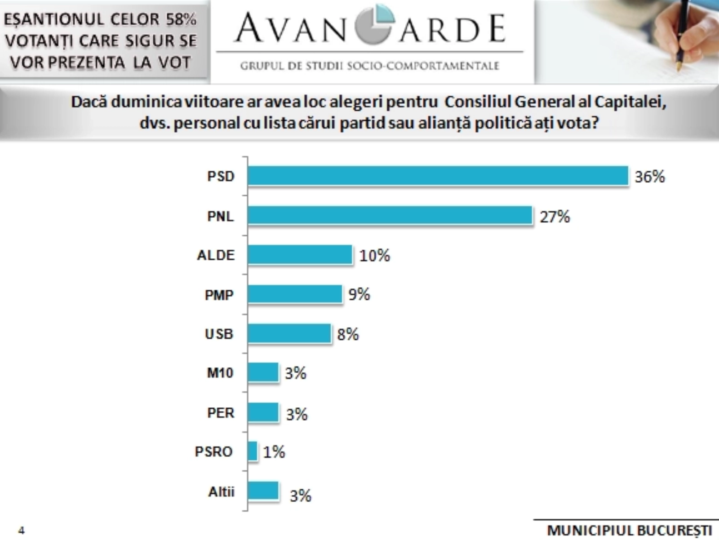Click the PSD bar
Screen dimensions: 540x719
point(438,175)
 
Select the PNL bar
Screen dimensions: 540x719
point(390,215)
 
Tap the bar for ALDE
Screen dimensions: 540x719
point(300,255)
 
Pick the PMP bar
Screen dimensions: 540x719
point(295,294)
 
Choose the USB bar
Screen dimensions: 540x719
point(289,333)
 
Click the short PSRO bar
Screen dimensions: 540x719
point(253,451)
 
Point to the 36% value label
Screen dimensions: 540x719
point(649,176)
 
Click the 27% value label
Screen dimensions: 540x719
point(555,217)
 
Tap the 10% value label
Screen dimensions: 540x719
point(374,256)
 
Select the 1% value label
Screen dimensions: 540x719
point(274,452)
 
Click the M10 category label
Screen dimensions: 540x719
point(220,373)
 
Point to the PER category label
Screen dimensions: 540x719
point(221,413)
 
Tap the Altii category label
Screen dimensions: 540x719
point(221,492)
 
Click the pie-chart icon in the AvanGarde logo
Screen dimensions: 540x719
point(374,25)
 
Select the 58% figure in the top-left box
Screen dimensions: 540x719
point(181,19)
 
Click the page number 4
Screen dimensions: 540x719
point(21,530)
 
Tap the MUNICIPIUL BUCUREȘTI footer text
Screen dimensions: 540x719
point(629,531)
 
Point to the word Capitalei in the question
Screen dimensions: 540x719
point(630,102)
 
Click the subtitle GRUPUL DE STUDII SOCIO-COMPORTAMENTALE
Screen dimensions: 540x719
point(369,66)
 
